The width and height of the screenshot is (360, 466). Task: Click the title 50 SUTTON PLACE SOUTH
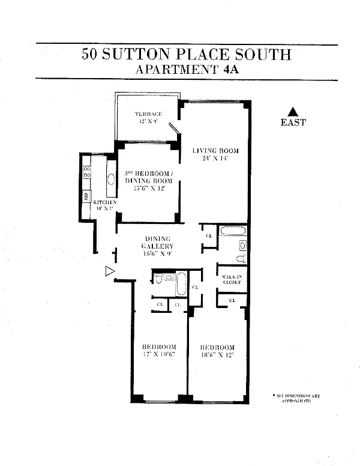pyautogui.click(x=187, y=55)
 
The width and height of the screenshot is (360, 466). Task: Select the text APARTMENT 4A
pyautogui.click(x=187, y=69)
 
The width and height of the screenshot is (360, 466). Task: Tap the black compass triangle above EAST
pyautogui.click(x=292, y=111)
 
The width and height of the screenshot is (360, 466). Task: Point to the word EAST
pyautogui.click(x=293, y=123)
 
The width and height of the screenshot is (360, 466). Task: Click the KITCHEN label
pyautogui.click(x=104, y=202)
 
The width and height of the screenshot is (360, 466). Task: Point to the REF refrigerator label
pyautogui.click(x=86, y=196)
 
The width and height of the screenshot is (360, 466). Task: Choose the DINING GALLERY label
pyautogui.click(x=157, y=243)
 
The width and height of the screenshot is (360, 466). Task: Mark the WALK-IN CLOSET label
pyautogui.click(x=231, y=279)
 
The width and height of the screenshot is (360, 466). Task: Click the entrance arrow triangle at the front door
pyautogui.click(x=109, y=271)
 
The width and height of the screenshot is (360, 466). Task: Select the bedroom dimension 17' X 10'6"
pyautogui.click(x=158, y=355)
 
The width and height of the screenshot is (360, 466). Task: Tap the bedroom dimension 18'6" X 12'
pyautogui.click(x=217, y=355)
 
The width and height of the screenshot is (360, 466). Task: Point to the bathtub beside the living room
pyautogui.click(x=232, y=231)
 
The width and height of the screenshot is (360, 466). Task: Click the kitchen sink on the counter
pyautogui.click(x=111, y=179)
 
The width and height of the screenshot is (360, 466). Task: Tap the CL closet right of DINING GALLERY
pyautogui.click(x=209, y=235)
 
